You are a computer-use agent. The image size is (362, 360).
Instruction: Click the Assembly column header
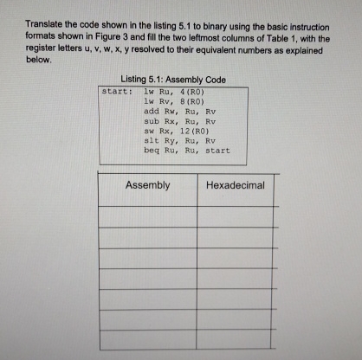147,185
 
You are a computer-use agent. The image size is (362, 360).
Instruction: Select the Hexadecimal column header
236,185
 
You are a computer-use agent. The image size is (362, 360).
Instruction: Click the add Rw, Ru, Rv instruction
178,111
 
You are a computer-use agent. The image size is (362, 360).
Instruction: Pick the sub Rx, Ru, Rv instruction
178,120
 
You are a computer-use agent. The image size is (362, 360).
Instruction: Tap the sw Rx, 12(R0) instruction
175,131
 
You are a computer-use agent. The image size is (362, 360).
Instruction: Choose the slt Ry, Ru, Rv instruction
178,140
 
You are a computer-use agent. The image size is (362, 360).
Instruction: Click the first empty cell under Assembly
147,215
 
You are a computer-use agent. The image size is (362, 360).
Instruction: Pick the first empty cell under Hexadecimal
236,215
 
